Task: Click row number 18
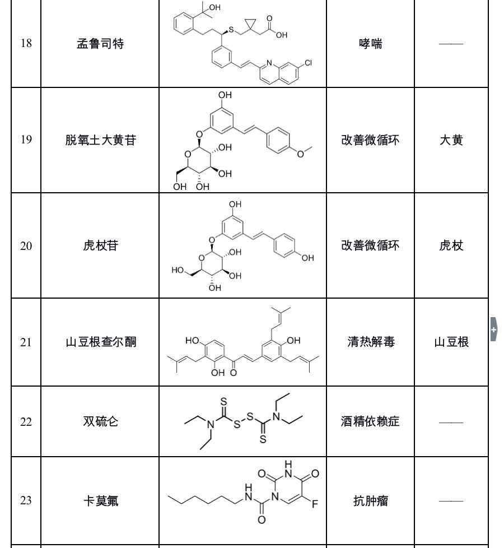click(26, 44)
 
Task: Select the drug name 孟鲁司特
click(100, 44)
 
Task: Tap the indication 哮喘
click(371, 44)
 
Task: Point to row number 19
click(26, 140)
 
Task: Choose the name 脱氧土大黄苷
click(100, 140)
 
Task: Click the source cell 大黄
click(451, 140)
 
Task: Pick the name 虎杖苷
click(100, 245)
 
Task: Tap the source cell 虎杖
click(451, 245)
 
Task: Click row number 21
click(26, 342)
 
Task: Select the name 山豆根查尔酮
click(100, 342)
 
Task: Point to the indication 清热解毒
click(371, 342)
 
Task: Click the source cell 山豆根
click(451, 342)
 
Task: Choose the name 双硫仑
click(100, 421)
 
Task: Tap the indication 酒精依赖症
click(371, 421)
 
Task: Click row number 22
click(26, 421)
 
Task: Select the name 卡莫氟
click(100, 501)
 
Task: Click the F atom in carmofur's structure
click(315, 504)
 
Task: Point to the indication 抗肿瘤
click(371, 501)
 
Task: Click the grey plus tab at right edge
click(493, 330)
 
